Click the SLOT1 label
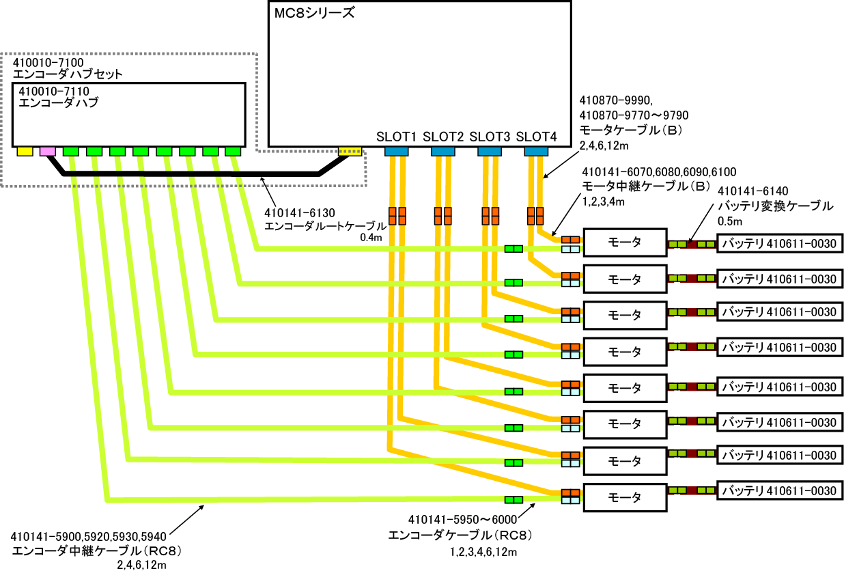(x=395, y=137)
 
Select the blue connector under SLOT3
(x=489, y=151)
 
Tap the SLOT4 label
(x=536, y=137)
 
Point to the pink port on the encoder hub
(x=48, y=151)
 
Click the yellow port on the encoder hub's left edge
(x=25, y=151)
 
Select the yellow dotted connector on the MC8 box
(x=350, y=151)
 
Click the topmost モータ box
(x=625, y=242)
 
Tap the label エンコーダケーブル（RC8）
(x=460, y=535)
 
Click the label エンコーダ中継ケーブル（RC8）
(x=98, y=550)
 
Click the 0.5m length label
(x=730, y=221)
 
